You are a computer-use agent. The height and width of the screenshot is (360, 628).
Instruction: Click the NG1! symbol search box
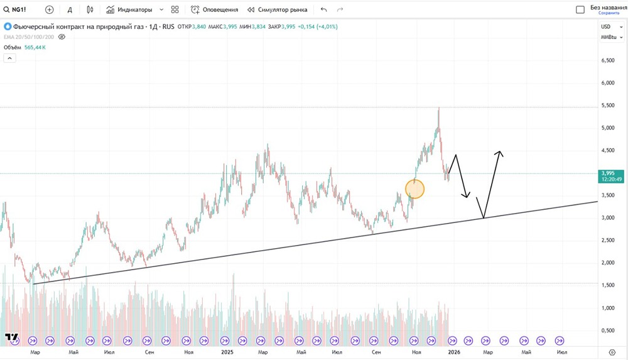point(16,10)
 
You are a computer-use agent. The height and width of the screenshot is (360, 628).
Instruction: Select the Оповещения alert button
point(215,10)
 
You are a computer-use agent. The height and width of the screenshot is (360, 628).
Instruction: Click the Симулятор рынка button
point(277,10)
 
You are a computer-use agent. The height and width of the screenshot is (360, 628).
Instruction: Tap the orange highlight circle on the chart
point(415,189)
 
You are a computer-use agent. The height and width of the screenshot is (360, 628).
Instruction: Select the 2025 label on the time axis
point(227,352)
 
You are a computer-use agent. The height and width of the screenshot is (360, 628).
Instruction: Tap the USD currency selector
point(606,26)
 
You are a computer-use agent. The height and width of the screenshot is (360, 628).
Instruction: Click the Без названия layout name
point(608,8)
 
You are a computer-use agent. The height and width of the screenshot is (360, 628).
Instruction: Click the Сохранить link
point(609,13)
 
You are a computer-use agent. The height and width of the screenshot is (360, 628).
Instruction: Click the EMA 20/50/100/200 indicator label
point(29,36)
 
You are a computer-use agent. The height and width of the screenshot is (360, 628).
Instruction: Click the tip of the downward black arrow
point(467,198)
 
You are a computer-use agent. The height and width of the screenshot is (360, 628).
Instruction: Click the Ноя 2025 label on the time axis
point(415,352)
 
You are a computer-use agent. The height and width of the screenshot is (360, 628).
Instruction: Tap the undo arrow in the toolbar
point(323,10)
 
